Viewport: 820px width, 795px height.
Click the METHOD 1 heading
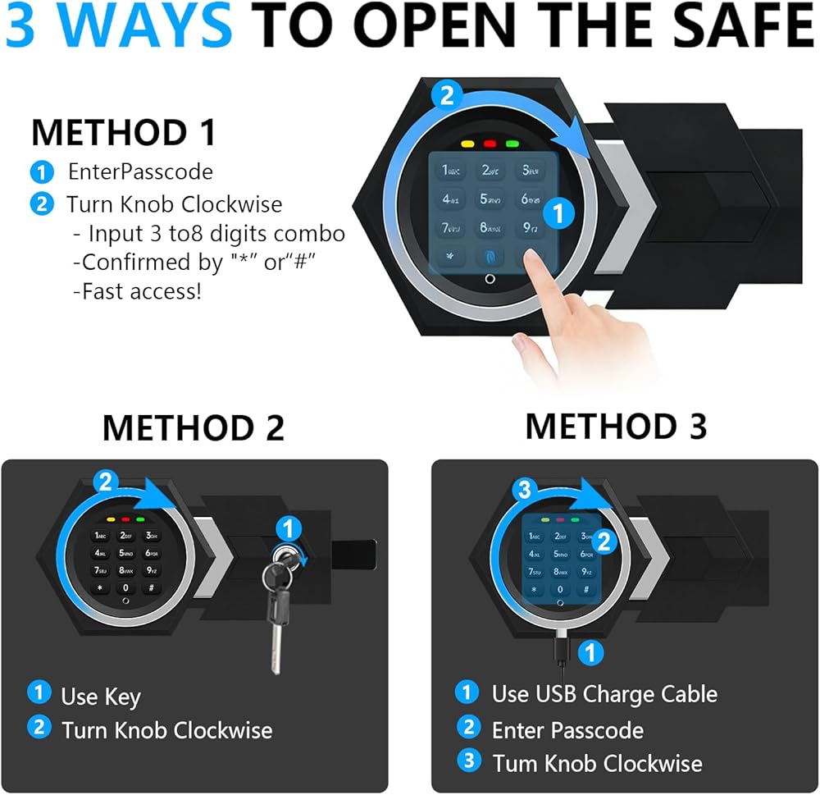point(124,132)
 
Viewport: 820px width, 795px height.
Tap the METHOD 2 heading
point(193,427)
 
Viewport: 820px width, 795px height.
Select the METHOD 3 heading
point(616,426)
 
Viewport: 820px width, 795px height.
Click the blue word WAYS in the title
point(146,25)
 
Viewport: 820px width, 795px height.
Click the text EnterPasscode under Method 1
point(140,171)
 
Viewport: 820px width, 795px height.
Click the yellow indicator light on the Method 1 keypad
point(467,144)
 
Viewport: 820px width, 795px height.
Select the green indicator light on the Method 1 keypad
point(512,144)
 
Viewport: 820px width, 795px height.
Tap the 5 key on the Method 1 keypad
point(490,199)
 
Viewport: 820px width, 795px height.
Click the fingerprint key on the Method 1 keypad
point(490,257)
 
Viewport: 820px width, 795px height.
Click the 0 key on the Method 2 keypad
point(125,587)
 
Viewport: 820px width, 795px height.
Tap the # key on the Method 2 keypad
point(151,587)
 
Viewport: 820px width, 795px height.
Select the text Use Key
point(100,697)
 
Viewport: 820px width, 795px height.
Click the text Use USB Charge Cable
point(604,694)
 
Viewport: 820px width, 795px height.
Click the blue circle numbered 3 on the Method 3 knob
point(524,490)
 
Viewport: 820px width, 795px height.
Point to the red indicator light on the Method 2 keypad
point(125,519)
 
